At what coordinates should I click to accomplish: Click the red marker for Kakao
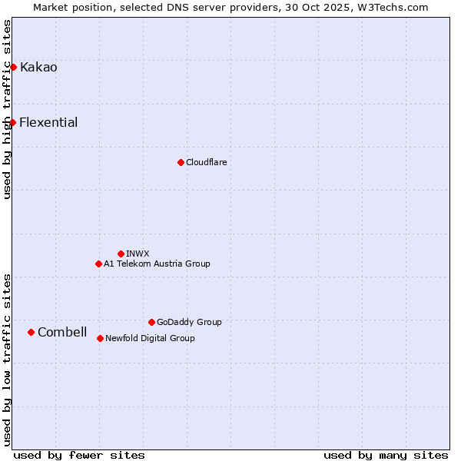13,68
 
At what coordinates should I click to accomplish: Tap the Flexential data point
12,123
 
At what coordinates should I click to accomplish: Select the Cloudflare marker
181,162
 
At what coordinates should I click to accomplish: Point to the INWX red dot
121,254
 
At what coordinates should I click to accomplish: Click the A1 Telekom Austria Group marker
98,264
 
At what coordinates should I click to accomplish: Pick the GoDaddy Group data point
151,322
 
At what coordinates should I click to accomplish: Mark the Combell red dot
31,332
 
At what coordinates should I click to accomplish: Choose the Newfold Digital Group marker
100,338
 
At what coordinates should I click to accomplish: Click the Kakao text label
38,68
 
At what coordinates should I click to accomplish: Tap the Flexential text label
48,123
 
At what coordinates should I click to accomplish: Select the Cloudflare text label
206,162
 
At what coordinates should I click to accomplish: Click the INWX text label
138,254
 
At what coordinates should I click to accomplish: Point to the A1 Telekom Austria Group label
157,264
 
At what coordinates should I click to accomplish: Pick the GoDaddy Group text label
189,322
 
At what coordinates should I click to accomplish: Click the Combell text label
62,332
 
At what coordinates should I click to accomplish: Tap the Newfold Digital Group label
150,338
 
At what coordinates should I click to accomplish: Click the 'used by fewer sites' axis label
79,455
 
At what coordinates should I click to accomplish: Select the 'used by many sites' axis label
386,455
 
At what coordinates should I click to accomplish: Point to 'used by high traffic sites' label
7,109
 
